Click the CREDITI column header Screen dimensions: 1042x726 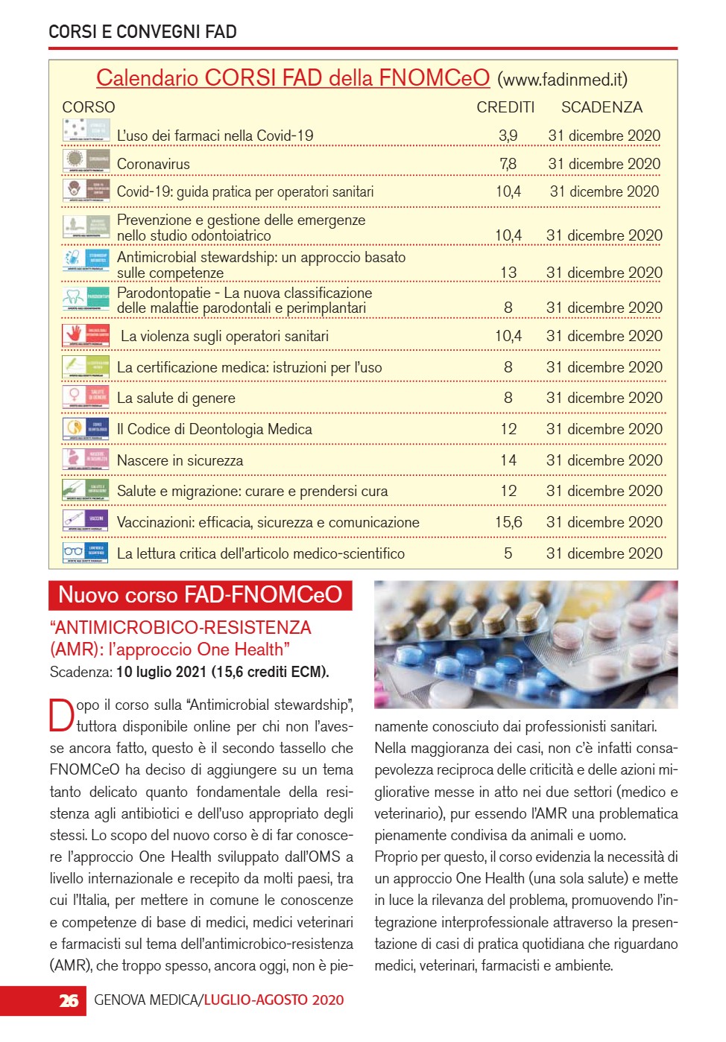pos(505,107)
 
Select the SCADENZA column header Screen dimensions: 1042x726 pos(602,107)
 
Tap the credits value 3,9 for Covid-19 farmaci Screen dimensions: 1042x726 pos(508,136)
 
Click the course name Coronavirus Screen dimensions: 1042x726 pos(154,164)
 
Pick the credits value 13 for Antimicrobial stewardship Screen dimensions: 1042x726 pos(508,273)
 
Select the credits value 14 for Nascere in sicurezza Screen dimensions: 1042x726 pos(508,460)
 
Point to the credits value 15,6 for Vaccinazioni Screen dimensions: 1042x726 pos(508,522)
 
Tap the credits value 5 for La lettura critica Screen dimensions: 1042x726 pos(508,553)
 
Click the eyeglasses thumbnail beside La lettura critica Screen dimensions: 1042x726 pos(74,552)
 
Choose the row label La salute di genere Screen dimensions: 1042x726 pos(176,398)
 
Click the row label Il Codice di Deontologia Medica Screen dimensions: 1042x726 pos(215,430)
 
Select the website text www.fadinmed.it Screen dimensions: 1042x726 pos(562,80)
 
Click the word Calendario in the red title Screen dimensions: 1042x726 pos(147,78)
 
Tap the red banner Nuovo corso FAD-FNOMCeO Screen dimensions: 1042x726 pos(200,595)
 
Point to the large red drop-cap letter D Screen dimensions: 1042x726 pos(62,715)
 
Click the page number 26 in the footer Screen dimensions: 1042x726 pos(69,1000)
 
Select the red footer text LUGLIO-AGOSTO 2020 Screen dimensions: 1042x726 pos(274,1000)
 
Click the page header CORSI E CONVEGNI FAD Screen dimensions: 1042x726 pos(142,32)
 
